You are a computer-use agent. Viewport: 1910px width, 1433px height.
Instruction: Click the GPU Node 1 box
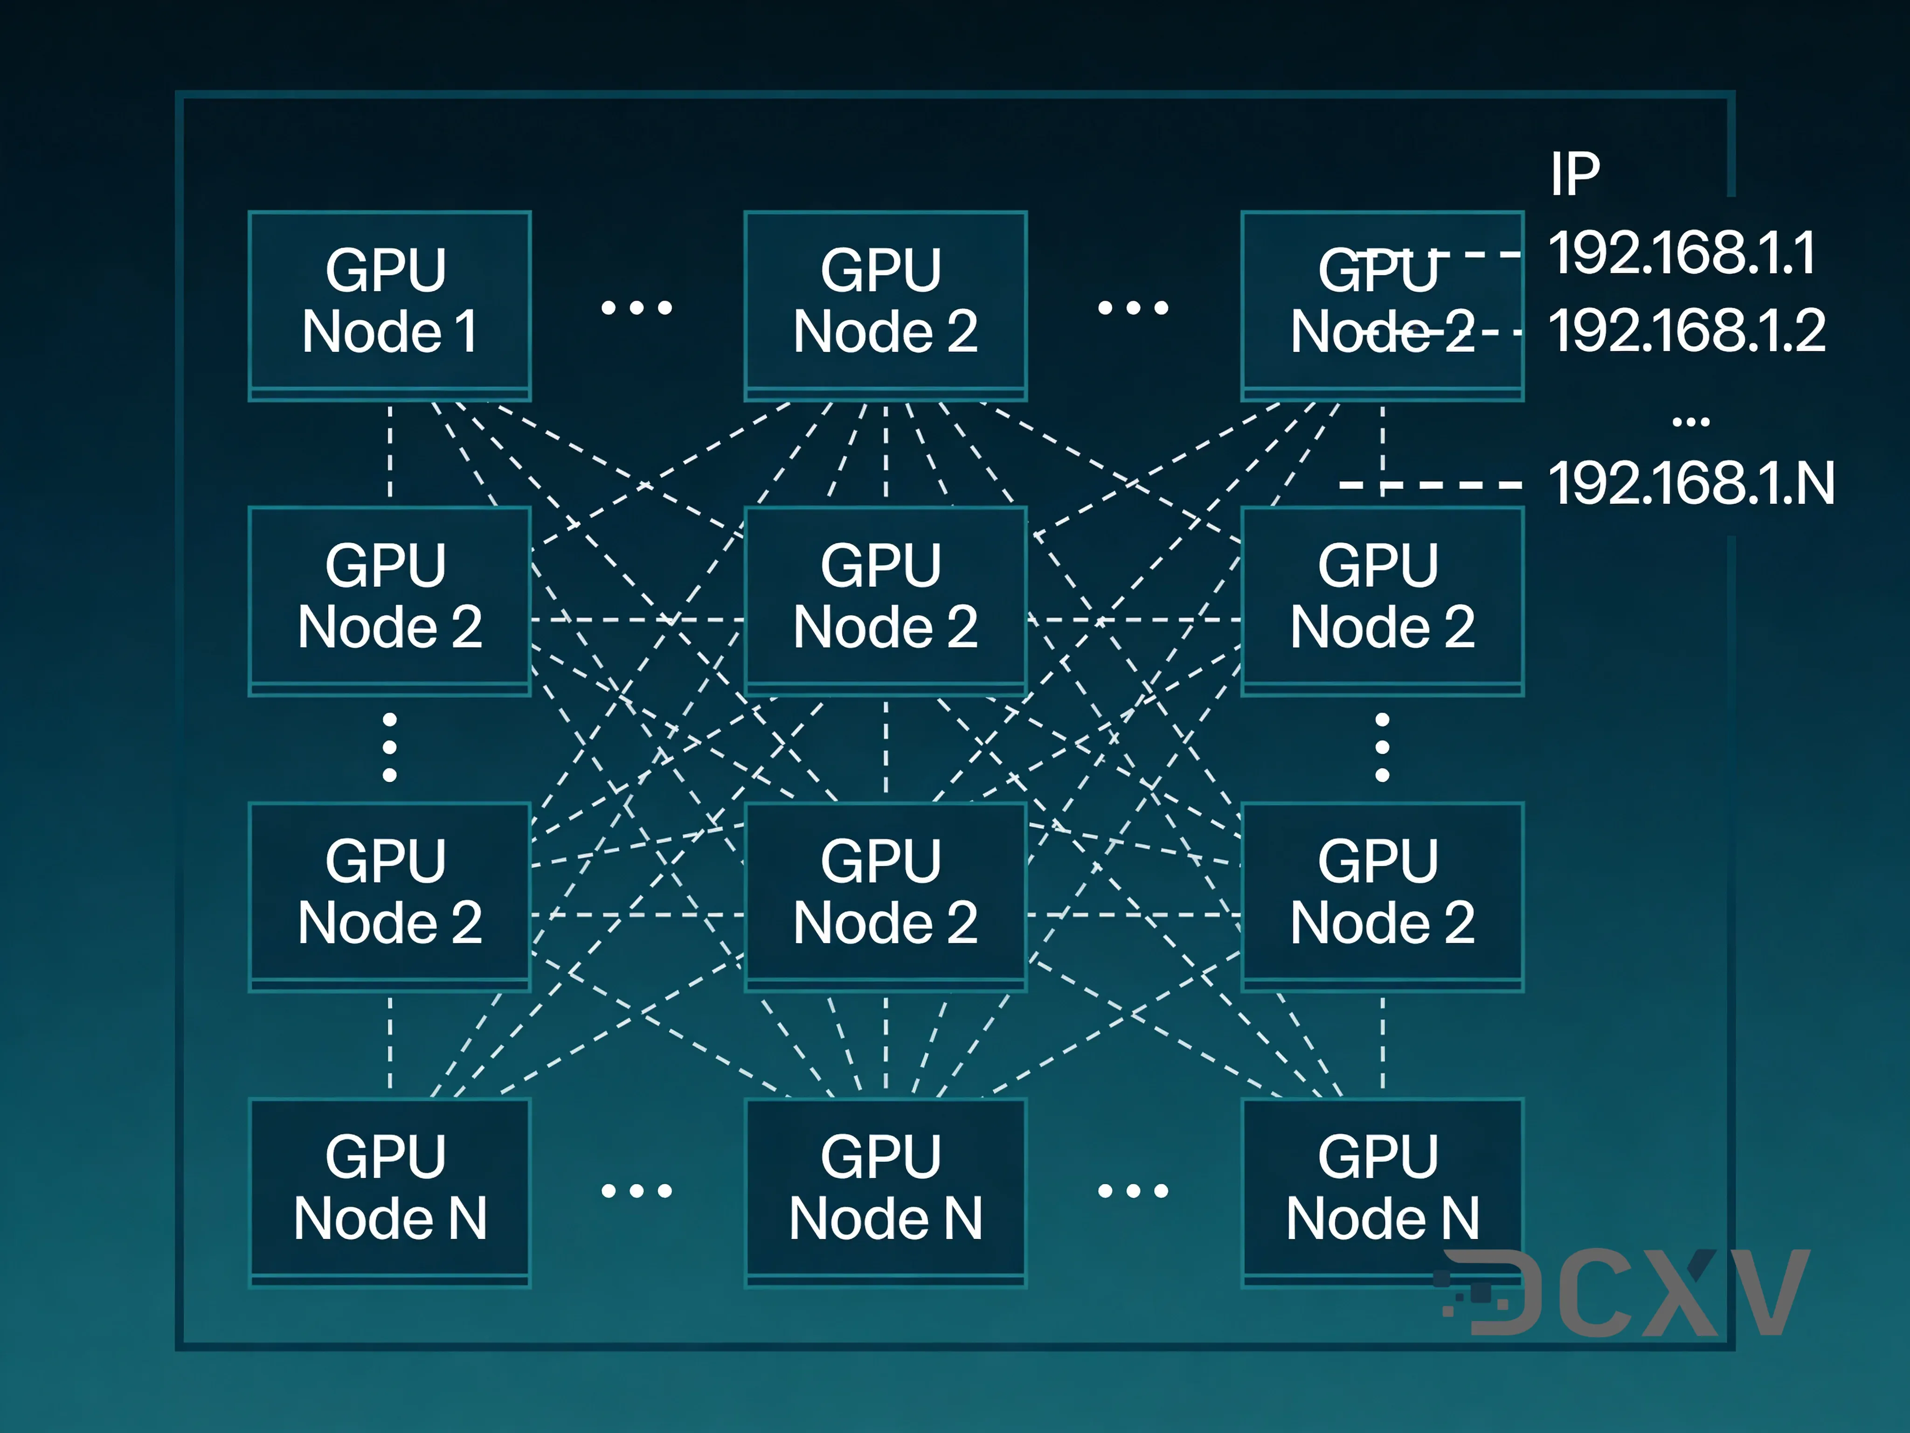(x=389, y=304)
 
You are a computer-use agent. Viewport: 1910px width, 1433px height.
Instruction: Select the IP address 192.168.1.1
(x=1682, y=253)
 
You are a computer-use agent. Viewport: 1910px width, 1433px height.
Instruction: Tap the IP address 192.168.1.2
(x=1686, y=331)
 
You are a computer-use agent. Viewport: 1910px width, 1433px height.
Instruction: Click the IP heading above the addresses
(x=1574, y=174)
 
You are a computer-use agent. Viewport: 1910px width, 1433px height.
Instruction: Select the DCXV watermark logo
(x=1623, y=1293)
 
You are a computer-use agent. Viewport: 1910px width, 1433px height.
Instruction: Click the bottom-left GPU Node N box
(x=389, y=1190)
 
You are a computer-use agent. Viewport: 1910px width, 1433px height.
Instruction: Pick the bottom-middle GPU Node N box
(x=885, y=1190)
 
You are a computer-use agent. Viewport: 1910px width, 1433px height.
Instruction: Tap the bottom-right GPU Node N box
(x=1382, y=1190)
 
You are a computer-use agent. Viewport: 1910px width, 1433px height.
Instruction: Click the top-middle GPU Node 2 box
(x=885, y=304)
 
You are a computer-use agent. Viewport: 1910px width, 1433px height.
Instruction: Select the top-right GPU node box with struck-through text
(x=1382, y=304)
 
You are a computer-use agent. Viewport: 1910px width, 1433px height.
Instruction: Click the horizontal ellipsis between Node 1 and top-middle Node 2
(x=637, y=307)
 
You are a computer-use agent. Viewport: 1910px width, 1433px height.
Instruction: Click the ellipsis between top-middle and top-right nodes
(x=1133, y=307)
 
